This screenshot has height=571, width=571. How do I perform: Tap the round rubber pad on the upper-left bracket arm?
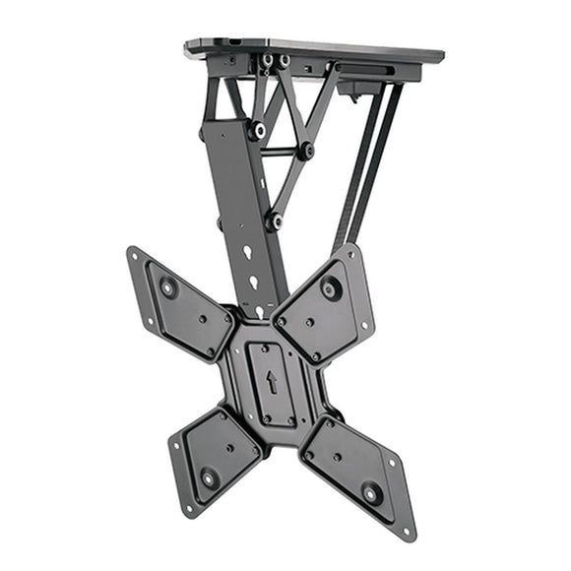pos(167,288)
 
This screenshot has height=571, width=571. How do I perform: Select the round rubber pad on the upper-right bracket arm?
pos(332,288)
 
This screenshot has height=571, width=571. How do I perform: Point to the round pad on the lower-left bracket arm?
pos(208,479)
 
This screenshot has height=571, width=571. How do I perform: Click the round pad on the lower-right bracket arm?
pos(373,494)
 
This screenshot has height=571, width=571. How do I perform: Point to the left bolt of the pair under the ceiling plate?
pos(267,61)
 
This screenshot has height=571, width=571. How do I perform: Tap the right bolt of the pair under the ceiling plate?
pos(285,61)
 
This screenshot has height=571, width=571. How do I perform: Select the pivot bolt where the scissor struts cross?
pos(307,151)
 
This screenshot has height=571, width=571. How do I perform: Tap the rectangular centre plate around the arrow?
pos(271,384)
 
